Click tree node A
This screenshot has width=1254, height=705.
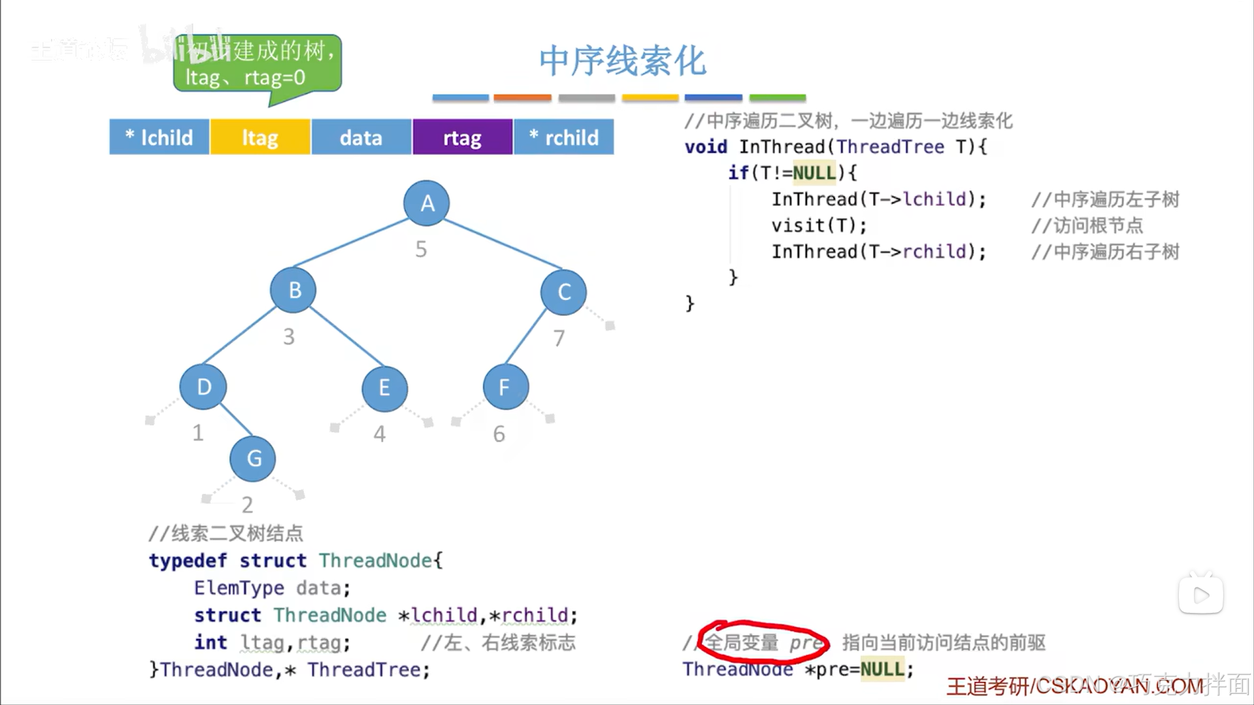(x=427, y=203)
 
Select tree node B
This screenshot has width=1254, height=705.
(x=293, y=289)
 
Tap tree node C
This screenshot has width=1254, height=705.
(x=563, y=292)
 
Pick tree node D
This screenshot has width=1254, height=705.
(x=203, y=387)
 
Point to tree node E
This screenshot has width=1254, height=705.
(x=384, y=388)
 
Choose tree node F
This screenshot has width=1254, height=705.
(x=505, y=387)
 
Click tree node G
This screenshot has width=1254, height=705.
(x=253, y=459)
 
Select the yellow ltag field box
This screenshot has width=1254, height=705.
(x=260, y=137)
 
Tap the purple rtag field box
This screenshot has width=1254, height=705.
(x=462, y=137)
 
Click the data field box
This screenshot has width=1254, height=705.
(x=361, y=137)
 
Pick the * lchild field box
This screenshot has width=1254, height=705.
(x=159, y=137)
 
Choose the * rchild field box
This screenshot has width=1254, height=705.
(x=564, y=137)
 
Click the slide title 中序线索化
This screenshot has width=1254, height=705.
(x=622, y=61)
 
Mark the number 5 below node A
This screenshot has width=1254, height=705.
(x=421, y=249)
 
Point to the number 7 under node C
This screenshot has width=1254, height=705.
(x=559, y=338)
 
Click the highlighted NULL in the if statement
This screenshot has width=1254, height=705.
(x=814, y=173)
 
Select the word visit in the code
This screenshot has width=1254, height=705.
(x=798, y=225)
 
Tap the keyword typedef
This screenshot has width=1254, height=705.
(x=188, y=561)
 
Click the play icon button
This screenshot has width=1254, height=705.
(x=1200, y=595)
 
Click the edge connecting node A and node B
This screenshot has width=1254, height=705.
(x=352, y=243)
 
